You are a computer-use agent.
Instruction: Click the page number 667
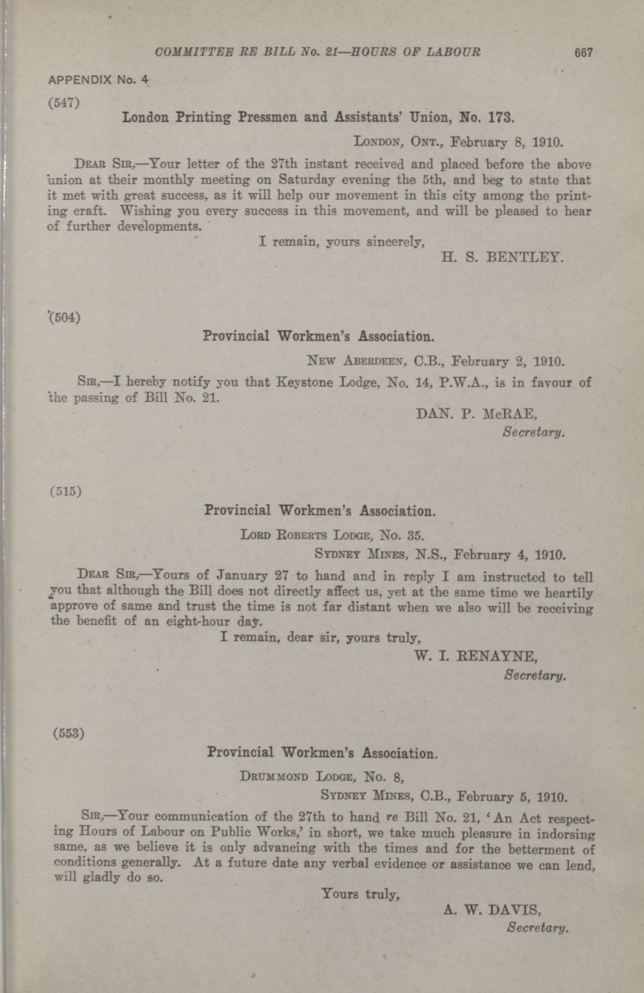[x=583, y=53]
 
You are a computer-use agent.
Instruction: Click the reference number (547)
[x=64, y=103]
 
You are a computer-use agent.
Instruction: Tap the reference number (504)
[x=65, y=318]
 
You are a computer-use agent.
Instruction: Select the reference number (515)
[x=65, y=491]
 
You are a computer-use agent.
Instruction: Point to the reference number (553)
[x=68, y=733]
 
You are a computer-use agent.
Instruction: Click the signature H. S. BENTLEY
[x=502, y=257]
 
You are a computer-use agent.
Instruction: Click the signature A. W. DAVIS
[x=492, y=897]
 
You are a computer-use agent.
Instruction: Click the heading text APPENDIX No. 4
[x=99, y=80]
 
